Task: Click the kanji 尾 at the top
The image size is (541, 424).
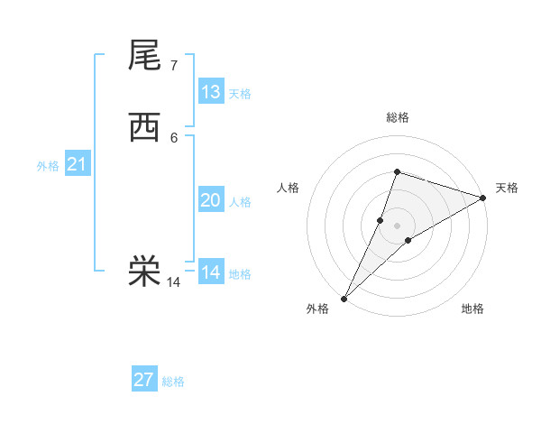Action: coord(145,55)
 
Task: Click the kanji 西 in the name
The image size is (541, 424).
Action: coord(145,127)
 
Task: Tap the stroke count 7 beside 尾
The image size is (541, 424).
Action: coord(173,66)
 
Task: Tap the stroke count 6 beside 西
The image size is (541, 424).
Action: coord(173,137)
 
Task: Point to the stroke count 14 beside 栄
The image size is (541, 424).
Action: coord(173,282)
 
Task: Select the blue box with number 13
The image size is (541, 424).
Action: coord(211,92)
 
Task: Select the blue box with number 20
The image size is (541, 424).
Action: coord(211,200)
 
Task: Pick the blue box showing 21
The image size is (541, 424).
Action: coord(78,164)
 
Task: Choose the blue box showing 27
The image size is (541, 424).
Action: coord(144,380)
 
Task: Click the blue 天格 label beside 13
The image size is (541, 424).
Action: coord(240,94)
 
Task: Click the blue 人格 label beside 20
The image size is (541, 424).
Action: coord(240,202)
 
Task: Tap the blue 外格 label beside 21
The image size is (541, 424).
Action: coord(48,166)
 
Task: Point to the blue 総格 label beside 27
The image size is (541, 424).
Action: coord(173,382)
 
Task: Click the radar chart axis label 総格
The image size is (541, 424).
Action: coord(397,117)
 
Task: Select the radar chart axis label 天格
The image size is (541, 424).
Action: coord(507,188)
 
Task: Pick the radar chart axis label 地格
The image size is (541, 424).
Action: coord(472,309)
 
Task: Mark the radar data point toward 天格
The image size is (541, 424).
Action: coord(483,198)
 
